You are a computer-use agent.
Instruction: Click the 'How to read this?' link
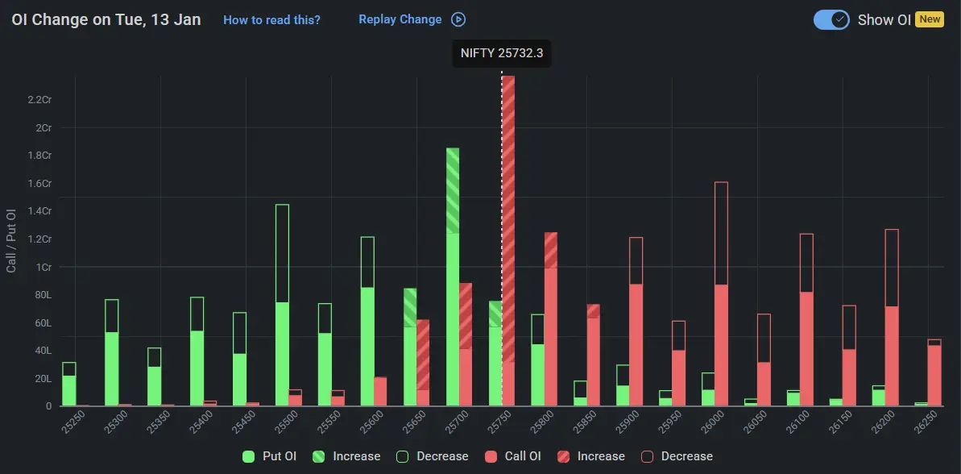[x=271, y=19]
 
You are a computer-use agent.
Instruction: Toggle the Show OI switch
[x=831, y=19]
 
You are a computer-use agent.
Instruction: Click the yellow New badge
[x=930, y=19]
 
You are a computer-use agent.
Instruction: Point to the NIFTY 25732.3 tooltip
[x=502, y=53]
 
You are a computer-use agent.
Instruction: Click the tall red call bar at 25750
[x=508, y=242]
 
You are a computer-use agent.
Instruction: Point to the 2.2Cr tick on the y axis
[x=39, y=99]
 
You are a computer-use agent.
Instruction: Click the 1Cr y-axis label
[x=43, y=267]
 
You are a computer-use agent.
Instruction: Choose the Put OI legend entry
[x=270, y=456]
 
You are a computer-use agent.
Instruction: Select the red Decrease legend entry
[x=677, y=456]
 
